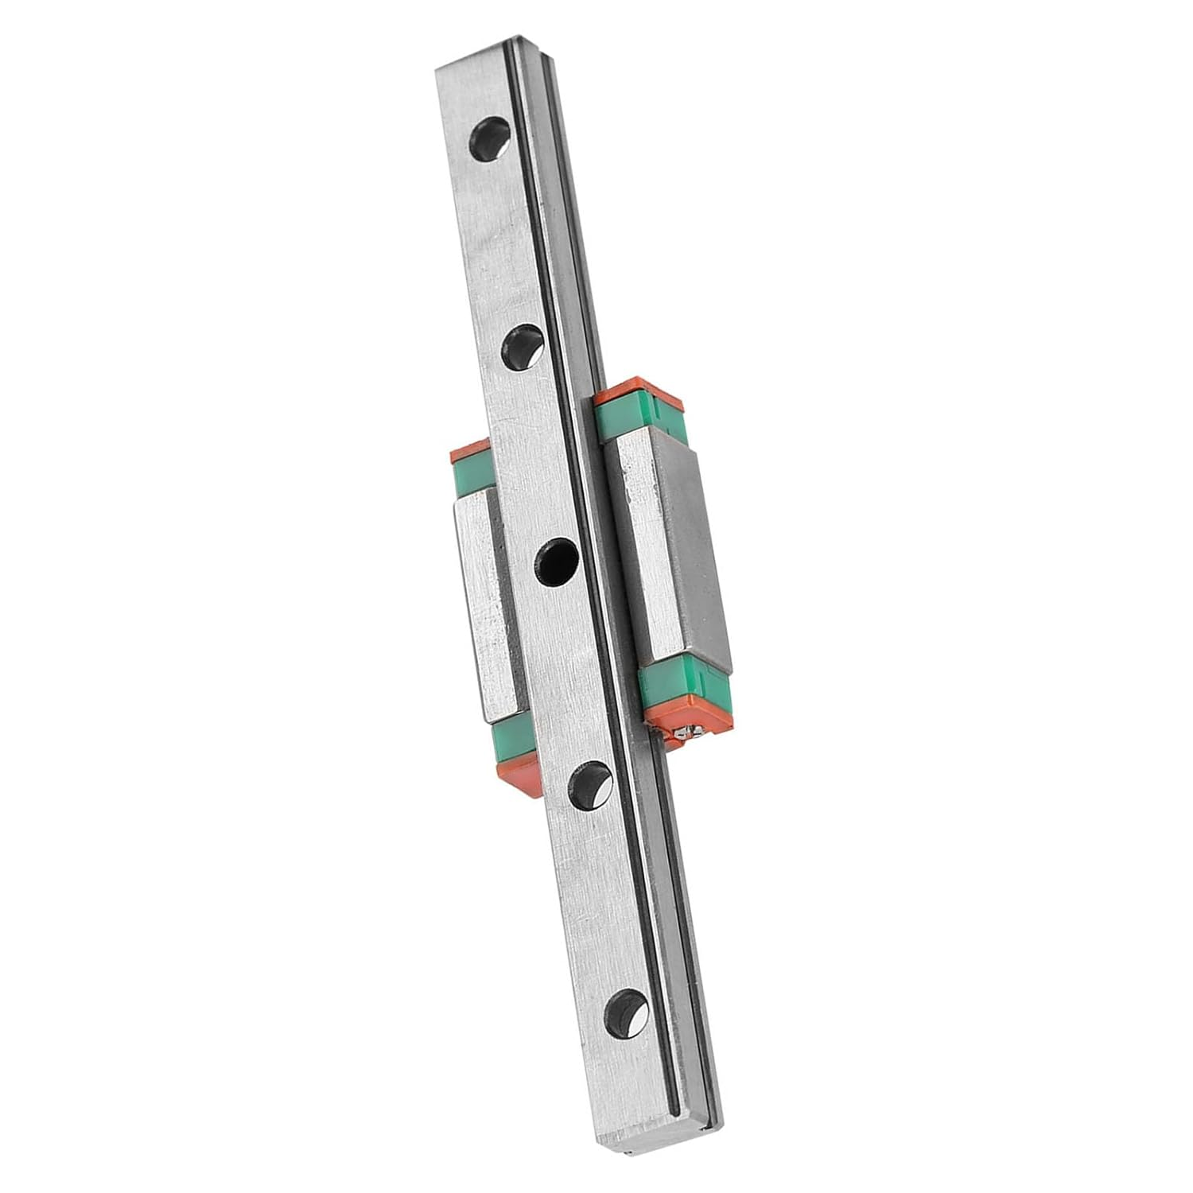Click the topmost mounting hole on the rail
point(492,140)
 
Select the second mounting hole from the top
point(523,347)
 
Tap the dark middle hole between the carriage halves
point(557,562)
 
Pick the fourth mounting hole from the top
point(590,784)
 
